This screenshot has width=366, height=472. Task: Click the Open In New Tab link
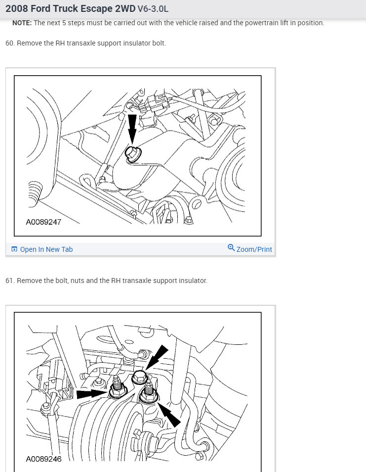46,249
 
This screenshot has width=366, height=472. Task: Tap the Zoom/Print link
254,249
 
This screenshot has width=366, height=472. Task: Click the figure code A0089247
43,222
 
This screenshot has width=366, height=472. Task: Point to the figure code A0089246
43,459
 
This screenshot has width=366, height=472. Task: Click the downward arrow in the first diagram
132,129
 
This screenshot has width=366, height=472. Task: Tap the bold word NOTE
22,23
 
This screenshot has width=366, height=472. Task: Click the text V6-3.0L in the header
153,9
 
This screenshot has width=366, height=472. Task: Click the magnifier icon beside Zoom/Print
231,248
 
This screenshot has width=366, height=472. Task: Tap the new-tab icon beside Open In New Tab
14,249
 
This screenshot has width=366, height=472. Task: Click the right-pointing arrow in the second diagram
92,394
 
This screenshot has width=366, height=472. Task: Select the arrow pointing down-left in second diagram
157,358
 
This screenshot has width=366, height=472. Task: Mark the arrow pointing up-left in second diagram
169,415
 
